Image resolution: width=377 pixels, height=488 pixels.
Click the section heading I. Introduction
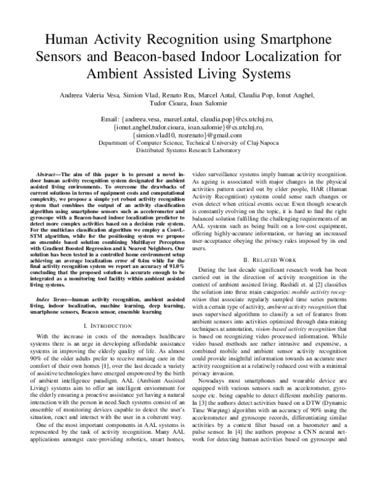(110, 326)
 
